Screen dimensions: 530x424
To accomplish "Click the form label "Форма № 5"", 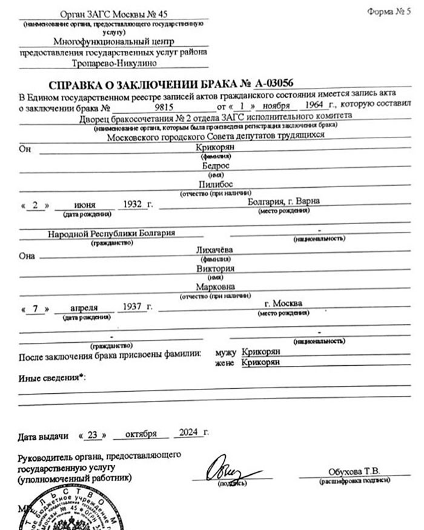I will tap(388, 13).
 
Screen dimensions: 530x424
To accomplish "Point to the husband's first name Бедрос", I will tap(211, 165).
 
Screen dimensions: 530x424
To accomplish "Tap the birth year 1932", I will tap(133, 204).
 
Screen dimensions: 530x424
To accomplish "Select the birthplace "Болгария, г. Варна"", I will tap(284, 202).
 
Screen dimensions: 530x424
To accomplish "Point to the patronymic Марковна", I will tap(213, 287).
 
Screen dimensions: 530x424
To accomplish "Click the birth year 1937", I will tap(132, 306).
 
